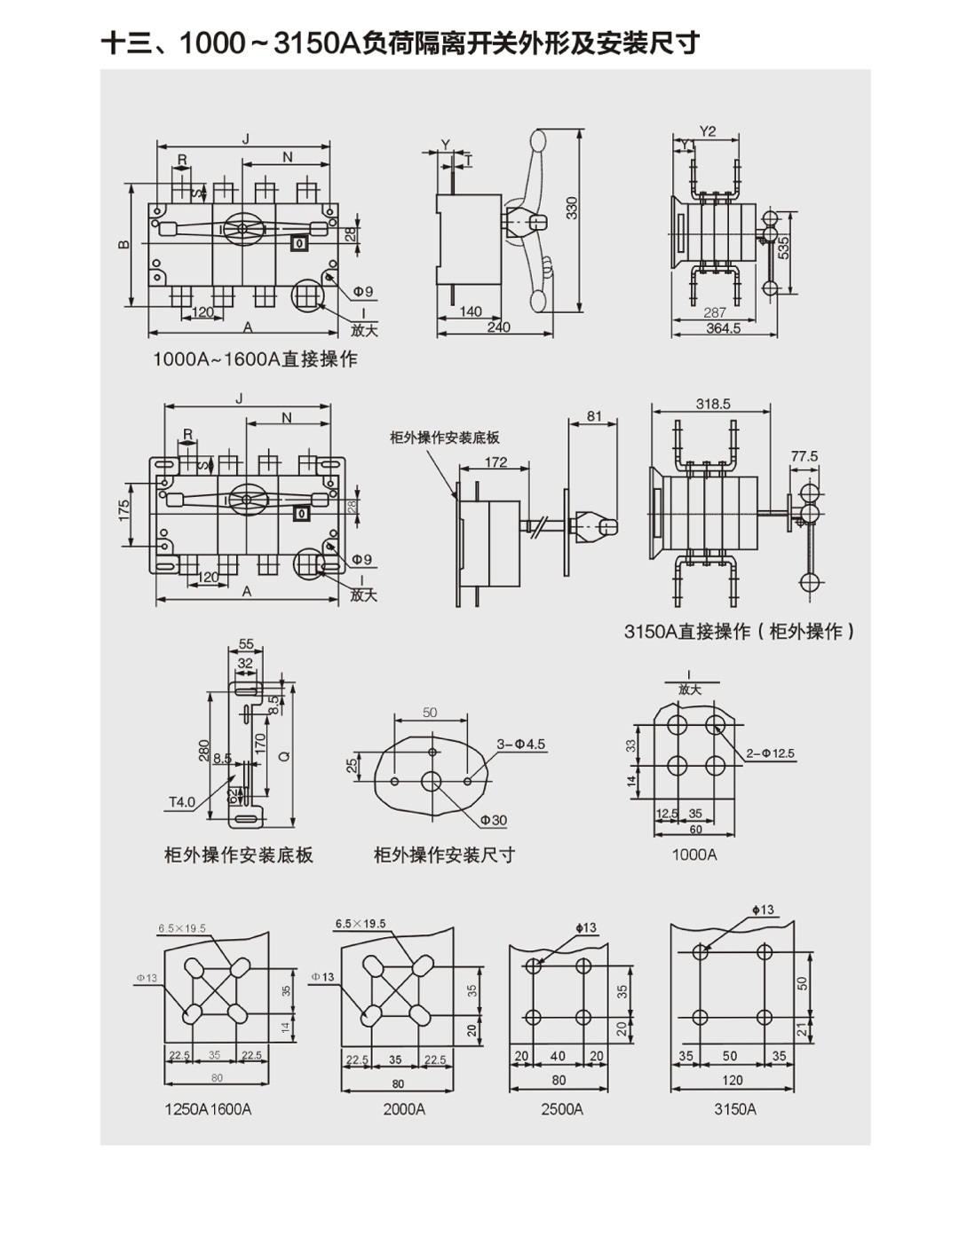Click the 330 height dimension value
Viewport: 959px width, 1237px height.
(x=572, y=208)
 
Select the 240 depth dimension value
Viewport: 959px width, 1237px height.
(x=499, y=327)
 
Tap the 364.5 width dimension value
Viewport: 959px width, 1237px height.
(x=723, y=327)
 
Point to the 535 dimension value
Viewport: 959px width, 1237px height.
(x=783, y=247)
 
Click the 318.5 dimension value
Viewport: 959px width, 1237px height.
(x=712, y=404)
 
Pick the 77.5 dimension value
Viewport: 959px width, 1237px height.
(x=804, y=456)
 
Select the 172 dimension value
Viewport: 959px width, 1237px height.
(x=495, y=462)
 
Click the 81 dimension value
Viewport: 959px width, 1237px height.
(x=594, y=416)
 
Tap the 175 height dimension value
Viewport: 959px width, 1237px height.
(x=124, y=510)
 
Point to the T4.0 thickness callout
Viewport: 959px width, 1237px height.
(x=182, y=802)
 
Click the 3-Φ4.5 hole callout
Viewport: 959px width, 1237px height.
(x=521, y=744)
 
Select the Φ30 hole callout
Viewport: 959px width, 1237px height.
(x=493, y=820)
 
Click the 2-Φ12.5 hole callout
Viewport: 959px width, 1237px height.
(x=770, y=753)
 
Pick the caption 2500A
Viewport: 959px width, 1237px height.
(x=562, y=1109)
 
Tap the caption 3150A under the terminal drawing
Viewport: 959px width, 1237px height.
(x=735, y=1109)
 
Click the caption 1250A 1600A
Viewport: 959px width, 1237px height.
(x=208, y=1109)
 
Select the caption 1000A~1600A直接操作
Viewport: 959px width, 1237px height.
(x=255, y=359)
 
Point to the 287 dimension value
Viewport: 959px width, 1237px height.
(x=714, y=312)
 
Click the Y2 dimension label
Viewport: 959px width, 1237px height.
(x=707, y=131)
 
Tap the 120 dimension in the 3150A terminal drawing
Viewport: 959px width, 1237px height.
(x=732, y=1080)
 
